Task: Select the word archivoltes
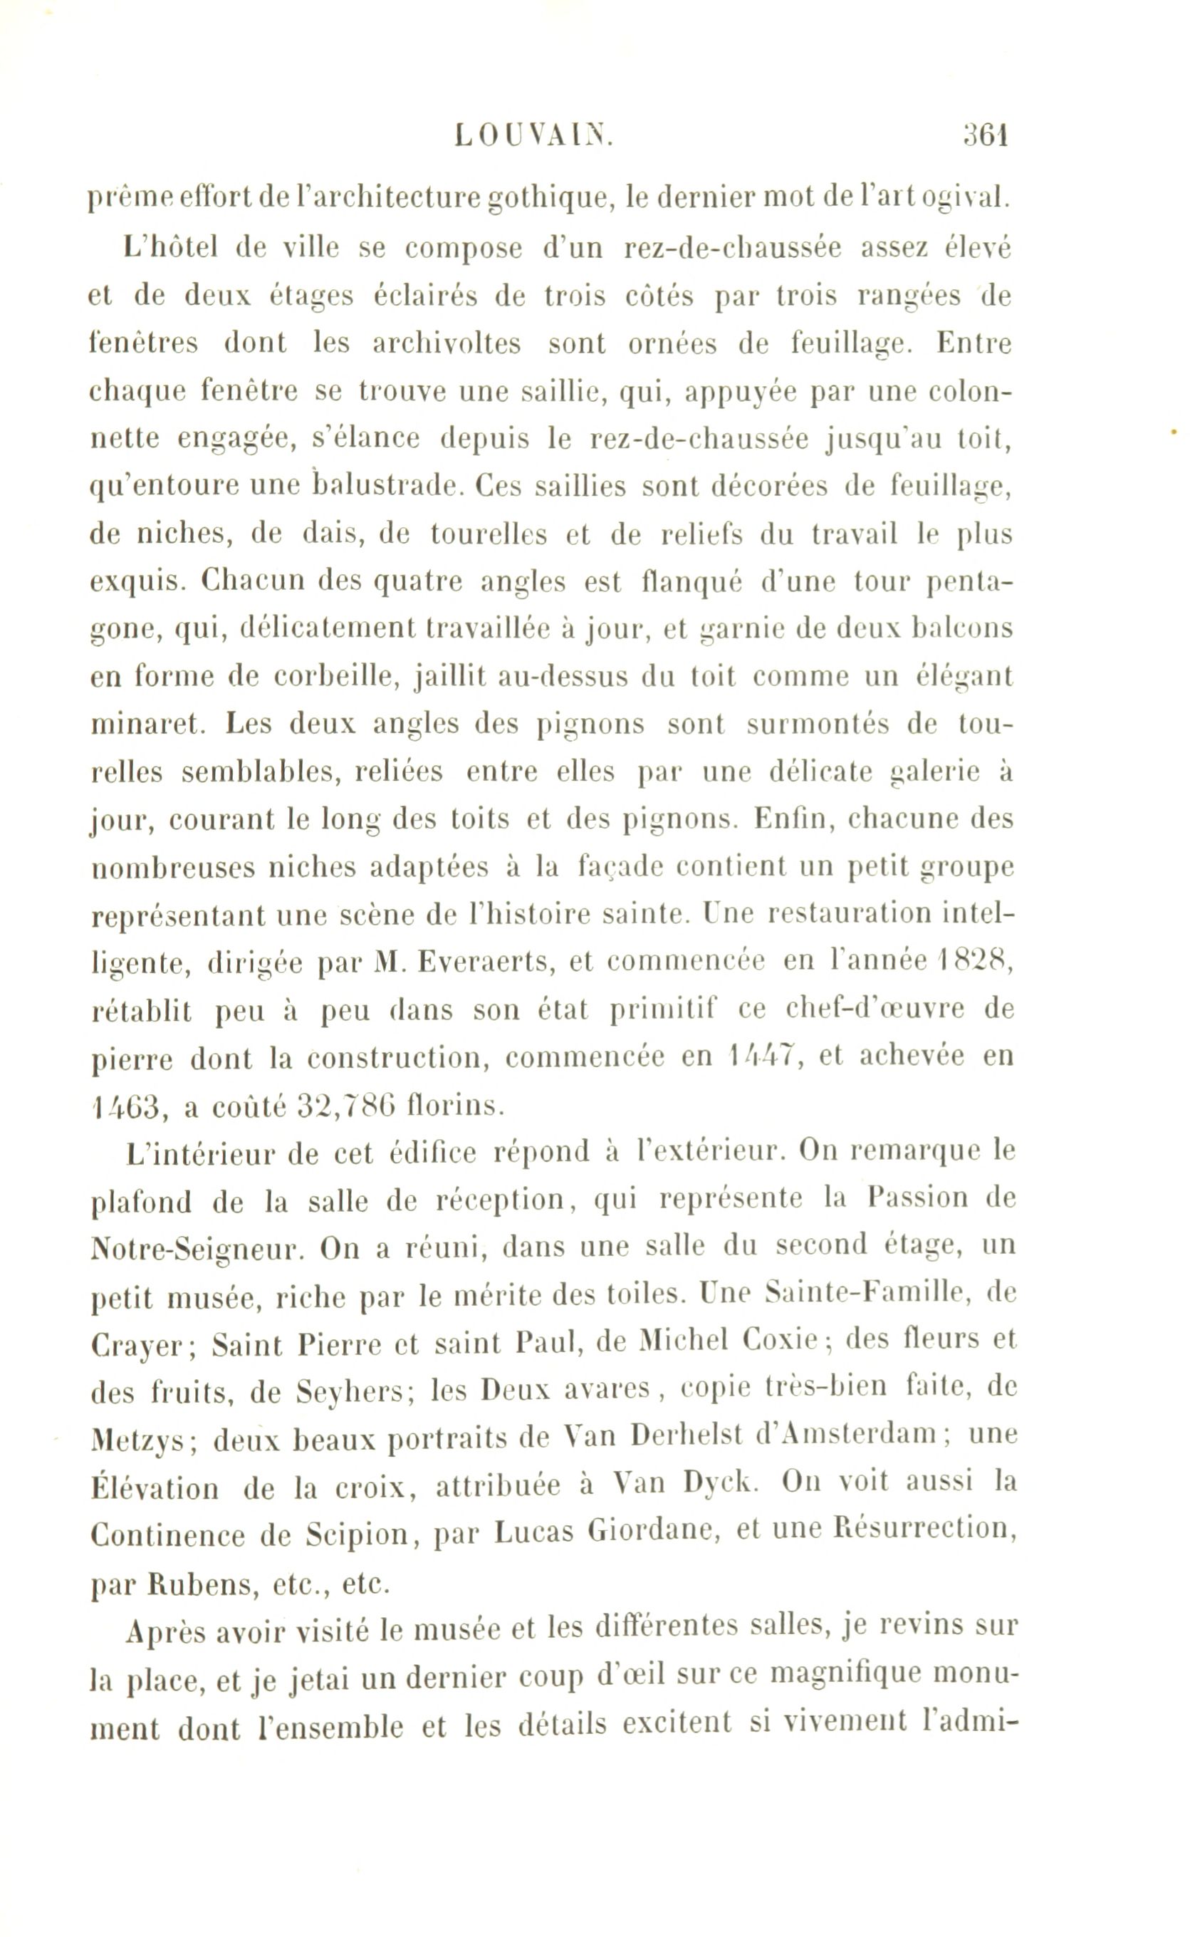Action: click(x=447, y=344)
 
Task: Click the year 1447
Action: click(x=761, y=1056)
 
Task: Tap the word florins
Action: click(x=456, y=1106)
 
